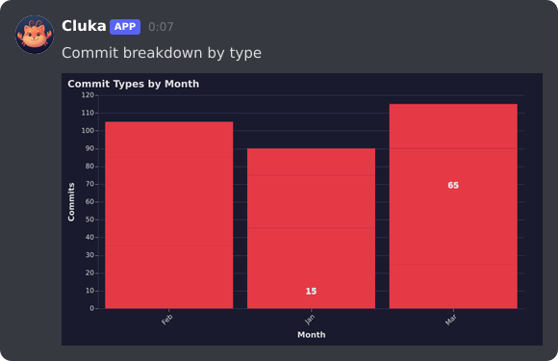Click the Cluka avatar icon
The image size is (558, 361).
click(x=35, y=35)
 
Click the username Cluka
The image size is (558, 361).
click(x=84, y=26)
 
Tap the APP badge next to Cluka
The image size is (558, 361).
click(x=125, y=27)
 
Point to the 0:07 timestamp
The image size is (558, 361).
click(x=161, y=27)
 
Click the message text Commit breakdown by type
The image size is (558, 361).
click(x=162, y=53)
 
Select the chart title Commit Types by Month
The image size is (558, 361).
click(x=133, y=84)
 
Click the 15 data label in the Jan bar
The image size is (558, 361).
click(x=311, y=291)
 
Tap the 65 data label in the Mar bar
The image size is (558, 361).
click(x=453, y=185)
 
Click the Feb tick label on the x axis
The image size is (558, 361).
click(x=167, y=319)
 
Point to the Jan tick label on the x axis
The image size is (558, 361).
click(x=309, y=319)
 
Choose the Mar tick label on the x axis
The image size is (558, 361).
click(x=450, y=319)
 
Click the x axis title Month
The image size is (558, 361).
click(x=311, y=335)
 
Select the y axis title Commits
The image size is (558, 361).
click(x=71, y=201)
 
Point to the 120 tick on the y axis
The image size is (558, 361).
click(x=88, y=95)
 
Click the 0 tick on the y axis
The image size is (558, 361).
click(x=92, y=308)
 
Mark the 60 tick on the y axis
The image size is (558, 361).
click(x=89, y=202)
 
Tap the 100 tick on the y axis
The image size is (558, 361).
click(x=88, y=131)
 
